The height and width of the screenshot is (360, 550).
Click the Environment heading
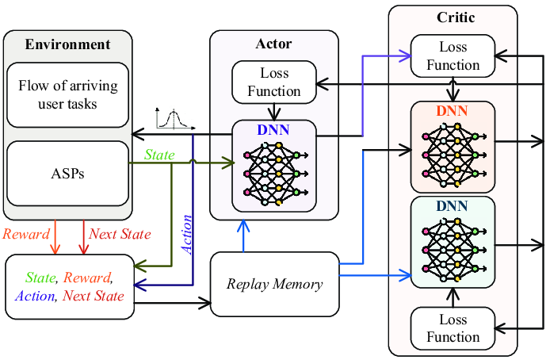(67, 44)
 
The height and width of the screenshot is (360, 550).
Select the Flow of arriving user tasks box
(67, 94)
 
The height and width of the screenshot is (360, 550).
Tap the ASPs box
(67, 174)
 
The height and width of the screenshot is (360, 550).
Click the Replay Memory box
(274, 283)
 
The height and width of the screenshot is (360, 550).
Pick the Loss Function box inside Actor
(274, 82)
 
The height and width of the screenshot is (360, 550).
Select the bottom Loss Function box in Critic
(453, 328)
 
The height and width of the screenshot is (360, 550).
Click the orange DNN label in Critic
(453, 112)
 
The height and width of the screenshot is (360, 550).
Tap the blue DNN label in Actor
(273, 129)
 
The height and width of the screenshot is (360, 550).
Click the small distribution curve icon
(176, 119)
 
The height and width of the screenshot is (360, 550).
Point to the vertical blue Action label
(187, 234)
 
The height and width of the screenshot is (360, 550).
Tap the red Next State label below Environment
(120, 234)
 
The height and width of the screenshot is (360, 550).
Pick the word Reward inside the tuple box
(87, 278)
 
